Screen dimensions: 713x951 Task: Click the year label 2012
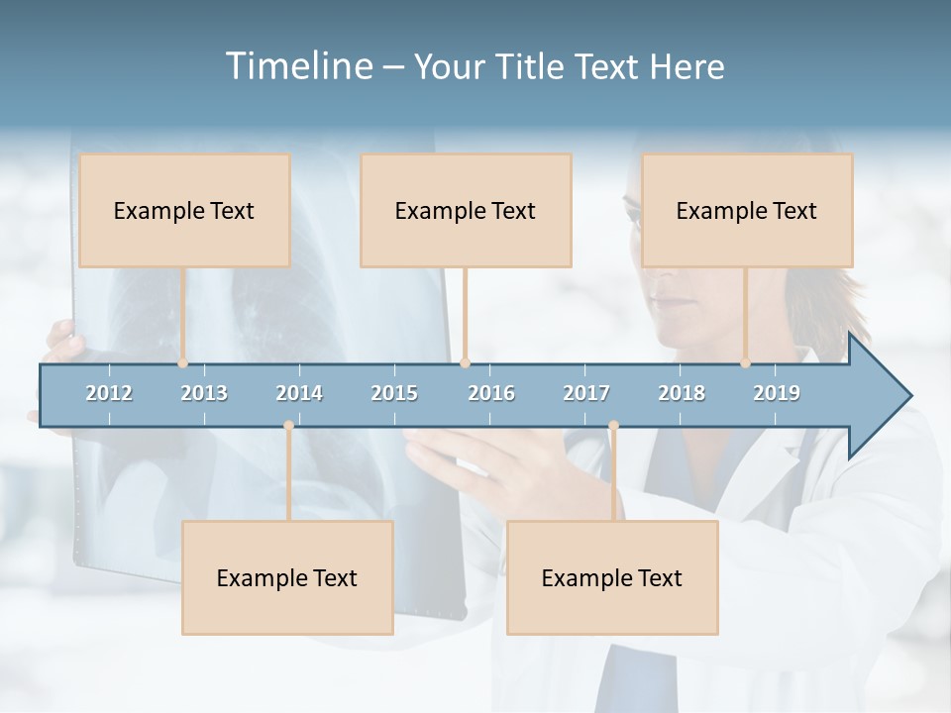coord(109,393)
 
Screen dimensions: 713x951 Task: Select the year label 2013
coord(204,393)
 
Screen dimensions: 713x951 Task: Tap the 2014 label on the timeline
coord(299,393)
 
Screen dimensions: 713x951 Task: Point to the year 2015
coord(394,393)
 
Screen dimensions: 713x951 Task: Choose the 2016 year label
coord(491,393)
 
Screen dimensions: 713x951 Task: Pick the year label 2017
coord(586,393)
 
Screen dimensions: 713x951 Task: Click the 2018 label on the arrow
coord(682,393)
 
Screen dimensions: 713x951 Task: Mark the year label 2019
coord(777,393)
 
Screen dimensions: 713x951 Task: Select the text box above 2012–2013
coord(184,210)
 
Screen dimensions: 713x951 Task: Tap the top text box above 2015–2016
coord(466,210)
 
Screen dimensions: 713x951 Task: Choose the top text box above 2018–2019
coord(747,210)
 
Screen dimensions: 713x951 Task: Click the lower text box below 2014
coord(287,577)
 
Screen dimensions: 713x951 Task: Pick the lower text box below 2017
coord(612,577)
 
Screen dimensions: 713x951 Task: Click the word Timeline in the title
coord(297,65)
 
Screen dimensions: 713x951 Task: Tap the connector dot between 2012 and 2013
coord(183,363)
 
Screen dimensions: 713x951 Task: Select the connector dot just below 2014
coord(288,426)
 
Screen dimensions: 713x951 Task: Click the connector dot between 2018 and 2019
coord(746,363)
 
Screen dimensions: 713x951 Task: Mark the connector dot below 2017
coord(613,426)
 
